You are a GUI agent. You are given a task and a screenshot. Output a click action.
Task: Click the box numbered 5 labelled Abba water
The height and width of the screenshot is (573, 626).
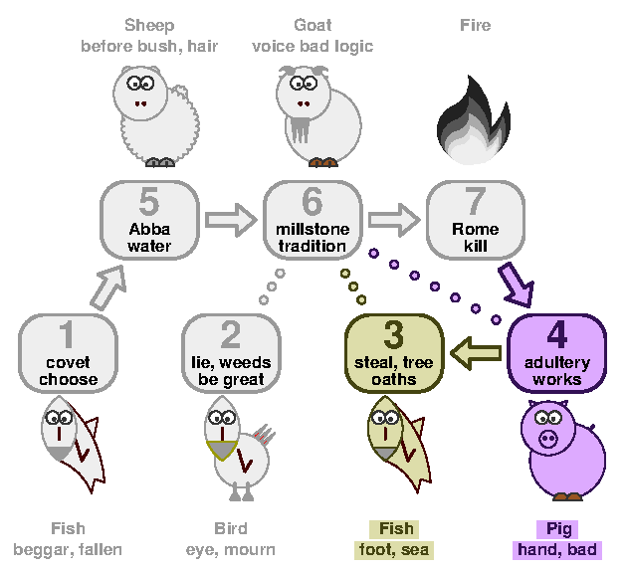(149, 220)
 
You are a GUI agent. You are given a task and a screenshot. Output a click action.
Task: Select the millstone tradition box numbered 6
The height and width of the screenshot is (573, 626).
(313, 220)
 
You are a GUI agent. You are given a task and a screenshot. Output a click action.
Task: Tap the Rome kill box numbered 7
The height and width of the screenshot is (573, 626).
(476, 220)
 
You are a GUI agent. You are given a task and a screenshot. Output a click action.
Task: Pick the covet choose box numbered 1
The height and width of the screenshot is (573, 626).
(68, 353)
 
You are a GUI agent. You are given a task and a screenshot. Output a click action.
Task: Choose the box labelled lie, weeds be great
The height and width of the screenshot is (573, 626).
(231, 353)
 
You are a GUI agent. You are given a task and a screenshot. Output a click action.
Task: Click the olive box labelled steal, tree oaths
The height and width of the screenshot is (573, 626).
(394, 353)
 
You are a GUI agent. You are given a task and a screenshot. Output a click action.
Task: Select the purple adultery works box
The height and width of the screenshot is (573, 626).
(557, 353)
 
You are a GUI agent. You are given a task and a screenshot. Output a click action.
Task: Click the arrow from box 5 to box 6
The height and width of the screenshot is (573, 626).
(231, 220)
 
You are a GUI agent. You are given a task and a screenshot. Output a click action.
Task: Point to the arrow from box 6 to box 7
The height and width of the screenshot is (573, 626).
(394, 220)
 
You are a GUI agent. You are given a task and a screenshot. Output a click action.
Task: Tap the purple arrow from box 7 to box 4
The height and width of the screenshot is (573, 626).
(518, 286)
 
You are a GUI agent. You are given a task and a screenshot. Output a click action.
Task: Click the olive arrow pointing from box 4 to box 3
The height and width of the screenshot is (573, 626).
(476, 353)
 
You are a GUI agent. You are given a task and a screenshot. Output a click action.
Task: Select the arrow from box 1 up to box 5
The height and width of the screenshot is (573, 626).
(107, 288)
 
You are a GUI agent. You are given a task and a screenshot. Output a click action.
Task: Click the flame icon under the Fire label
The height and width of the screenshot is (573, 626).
(474, 119)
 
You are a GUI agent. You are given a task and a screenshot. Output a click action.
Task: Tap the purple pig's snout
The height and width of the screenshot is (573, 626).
(548, 439)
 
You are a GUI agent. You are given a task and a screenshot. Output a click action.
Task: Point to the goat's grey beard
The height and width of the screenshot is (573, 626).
(301, 129)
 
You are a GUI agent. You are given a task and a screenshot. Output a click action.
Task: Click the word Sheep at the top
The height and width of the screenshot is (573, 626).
(149, 25)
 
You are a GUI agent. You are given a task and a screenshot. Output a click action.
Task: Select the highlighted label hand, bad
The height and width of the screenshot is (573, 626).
(557, 550)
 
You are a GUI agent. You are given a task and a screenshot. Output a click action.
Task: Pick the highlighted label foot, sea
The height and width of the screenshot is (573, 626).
(394, 550)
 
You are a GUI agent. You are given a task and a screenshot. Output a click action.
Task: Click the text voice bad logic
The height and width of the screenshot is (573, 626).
(313, 47)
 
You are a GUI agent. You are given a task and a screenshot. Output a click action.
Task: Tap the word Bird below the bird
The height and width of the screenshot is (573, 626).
(231, 528)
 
